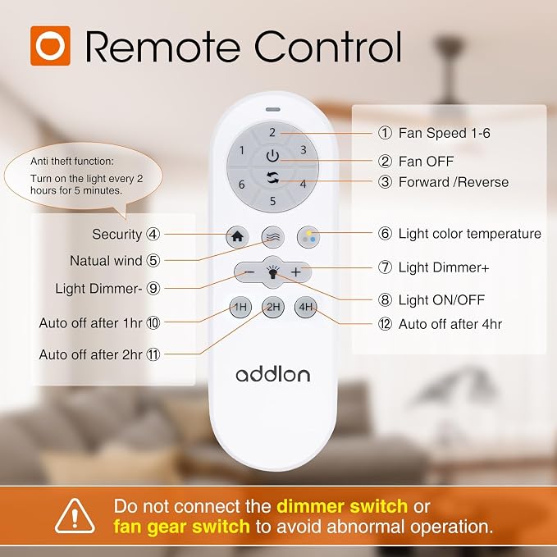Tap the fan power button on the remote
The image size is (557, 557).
272,156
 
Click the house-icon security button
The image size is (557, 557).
237,236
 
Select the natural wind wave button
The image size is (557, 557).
273,237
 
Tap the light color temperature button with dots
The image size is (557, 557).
308,237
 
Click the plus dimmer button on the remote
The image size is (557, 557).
296,272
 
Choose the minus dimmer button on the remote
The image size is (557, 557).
249,272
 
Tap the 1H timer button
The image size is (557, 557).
240,307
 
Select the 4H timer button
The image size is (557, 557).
305,307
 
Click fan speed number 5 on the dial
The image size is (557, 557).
272,201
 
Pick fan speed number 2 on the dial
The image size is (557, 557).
272,133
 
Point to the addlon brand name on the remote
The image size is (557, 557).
273,375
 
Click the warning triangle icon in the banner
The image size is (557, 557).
75,516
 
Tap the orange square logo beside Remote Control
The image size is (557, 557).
50,46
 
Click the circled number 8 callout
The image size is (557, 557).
385,299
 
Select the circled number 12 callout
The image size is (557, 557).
385,324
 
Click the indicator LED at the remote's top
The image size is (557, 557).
272,109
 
